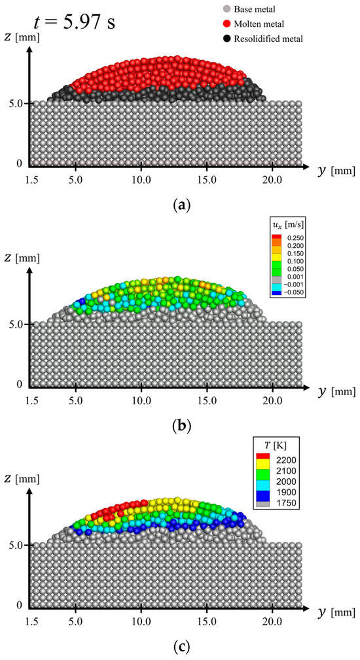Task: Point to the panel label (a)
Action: [179, 205]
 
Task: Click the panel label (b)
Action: [179, 426]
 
